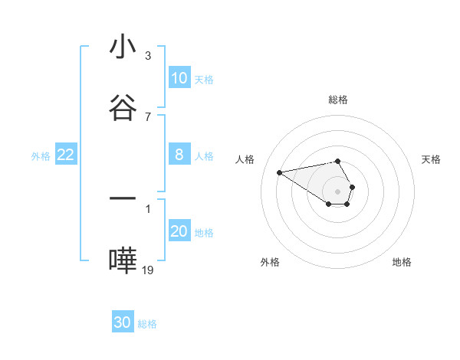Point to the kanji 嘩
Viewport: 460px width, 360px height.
[x=123, y=260]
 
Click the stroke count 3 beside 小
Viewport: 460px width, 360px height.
[x=147, y=56]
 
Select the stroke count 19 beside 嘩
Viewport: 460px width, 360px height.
[x=148, y=270]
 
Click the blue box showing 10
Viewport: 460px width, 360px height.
[x=179, y=78]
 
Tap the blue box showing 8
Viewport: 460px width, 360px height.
[x=179, y=155]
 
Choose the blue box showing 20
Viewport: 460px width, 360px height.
[x=179, y=231]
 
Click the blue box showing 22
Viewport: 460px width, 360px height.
[x=66, y=155]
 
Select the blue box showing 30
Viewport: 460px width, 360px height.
[x=123, y=322]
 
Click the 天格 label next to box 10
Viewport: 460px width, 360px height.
[x=204, y=79]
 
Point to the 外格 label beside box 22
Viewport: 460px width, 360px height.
[x=41, y=155]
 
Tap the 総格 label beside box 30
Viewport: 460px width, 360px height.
[x=148, y=323]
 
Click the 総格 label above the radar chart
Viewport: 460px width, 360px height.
[x=338, y=100]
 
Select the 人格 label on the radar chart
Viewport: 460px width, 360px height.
[x=245, y=159]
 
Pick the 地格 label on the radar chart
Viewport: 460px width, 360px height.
[x=402, y=262]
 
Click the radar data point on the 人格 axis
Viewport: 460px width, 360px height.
[x=280, y=172]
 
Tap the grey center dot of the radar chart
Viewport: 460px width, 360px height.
[x=338, y=190]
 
